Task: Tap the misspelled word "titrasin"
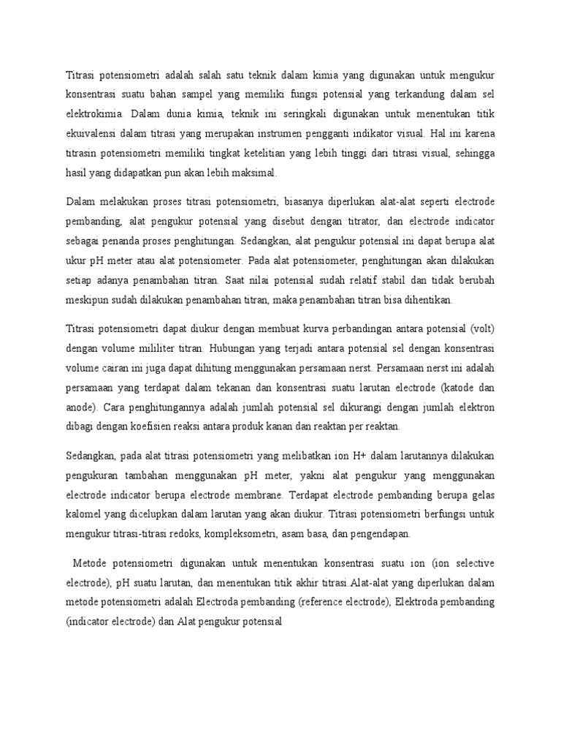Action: click(83, 154)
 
